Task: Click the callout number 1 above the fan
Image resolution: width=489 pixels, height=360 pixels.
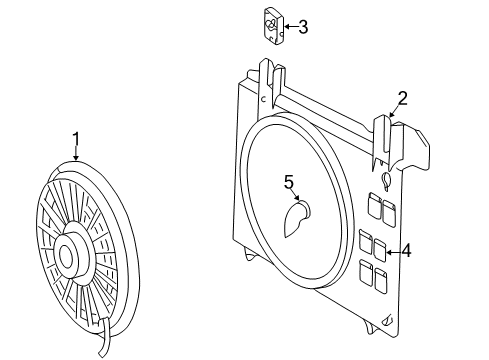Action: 74,137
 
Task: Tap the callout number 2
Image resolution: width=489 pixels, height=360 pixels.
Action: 401,97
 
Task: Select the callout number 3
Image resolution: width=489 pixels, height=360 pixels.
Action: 302,27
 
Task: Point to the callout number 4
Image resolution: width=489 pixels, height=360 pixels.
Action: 406,251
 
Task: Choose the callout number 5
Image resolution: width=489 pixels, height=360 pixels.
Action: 289,181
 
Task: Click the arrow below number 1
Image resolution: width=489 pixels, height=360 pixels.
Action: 76,153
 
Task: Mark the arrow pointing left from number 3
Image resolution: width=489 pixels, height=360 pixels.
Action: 286,28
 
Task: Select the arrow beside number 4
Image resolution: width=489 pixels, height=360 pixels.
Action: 391,251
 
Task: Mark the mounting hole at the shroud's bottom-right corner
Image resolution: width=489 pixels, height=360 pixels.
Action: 388,322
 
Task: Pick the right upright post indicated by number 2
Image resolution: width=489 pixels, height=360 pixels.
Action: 385,135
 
